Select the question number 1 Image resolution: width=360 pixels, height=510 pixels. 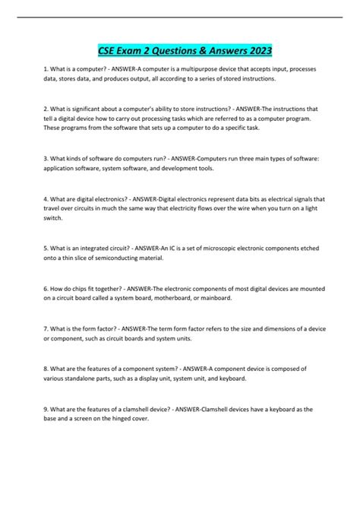46,69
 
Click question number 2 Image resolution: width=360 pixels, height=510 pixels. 46,109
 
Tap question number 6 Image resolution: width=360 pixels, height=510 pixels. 46,287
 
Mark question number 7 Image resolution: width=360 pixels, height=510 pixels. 46,328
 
